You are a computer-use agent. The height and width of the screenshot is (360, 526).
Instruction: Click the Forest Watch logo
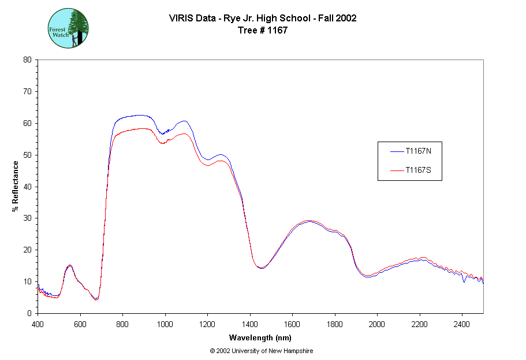click(68, 28)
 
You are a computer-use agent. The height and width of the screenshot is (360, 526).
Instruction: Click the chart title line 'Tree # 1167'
click(263, 31)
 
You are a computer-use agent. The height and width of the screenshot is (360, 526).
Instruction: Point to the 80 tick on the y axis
click(28, 60)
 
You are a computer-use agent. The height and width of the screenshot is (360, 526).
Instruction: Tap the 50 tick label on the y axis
click(28, 155)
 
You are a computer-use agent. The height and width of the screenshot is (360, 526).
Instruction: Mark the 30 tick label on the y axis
click(28, 218)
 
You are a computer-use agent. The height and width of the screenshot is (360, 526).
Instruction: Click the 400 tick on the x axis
click(38, 324)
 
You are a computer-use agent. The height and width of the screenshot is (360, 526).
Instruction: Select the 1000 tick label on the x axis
click(165, 324)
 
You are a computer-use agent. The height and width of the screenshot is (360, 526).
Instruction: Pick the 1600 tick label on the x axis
click(292, 324)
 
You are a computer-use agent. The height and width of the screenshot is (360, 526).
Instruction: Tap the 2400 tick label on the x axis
click(462, 324)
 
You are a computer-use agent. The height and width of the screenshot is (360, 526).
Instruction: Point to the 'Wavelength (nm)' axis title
click(260, 337)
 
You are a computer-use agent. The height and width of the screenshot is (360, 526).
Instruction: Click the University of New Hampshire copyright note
click(262, 351)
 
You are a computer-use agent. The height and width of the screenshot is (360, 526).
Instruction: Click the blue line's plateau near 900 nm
click(144, 115)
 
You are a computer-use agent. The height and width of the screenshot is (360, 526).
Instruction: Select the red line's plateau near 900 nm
click(144, 128)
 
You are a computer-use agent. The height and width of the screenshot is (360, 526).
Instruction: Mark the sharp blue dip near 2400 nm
click(464, 281)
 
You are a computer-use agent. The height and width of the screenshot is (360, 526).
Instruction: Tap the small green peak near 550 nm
click(70, 265)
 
